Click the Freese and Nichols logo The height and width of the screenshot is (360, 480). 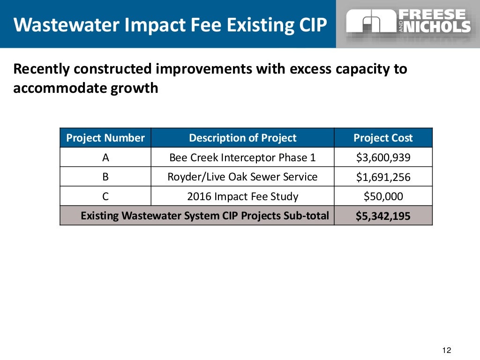(408, 21)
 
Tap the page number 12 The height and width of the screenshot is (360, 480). (446, 350)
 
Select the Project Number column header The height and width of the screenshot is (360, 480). (105, 138)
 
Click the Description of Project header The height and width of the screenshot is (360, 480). (242, 138)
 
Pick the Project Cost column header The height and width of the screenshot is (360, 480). (383, 138)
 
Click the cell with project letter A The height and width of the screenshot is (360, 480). (105, 157)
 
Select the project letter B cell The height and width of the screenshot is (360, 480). (105, 177)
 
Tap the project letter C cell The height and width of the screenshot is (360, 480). (105, 196)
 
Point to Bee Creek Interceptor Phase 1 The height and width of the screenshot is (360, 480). (242, 157)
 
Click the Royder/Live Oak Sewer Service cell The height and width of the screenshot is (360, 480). (242, 177)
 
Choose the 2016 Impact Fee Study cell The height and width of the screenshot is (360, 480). (242, 196)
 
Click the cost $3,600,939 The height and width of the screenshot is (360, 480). (383, 157)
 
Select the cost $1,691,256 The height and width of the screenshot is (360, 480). (383, 177)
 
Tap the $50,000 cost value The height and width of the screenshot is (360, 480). (383, 196)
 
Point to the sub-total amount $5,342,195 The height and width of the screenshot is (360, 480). (383, 216)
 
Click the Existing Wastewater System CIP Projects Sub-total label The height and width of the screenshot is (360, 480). (205, 216)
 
